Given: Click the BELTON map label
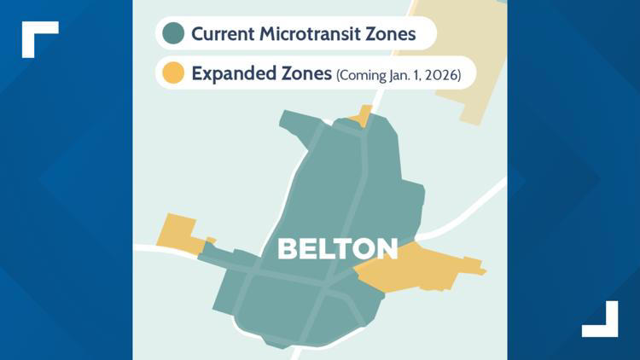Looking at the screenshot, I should tap(338, 249).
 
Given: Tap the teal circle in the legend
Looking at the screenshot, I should tap(174, 33).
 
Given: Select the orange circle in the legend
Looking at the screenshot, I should tap(174, 73).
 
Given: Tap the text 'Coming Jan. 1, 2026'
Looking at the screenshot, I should tap(399, 75).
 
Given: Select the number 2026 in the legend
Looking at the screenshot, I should tap(441, 75).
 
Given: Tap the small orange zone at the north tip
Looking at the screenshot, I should tap(364, 116).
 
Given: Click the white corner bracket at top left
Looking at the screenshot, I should tap(38, 36).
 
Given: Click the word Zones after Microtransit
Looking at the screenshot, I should tap(393, 34).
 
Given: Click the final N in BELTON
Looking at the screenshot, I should tap(387, 249).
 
